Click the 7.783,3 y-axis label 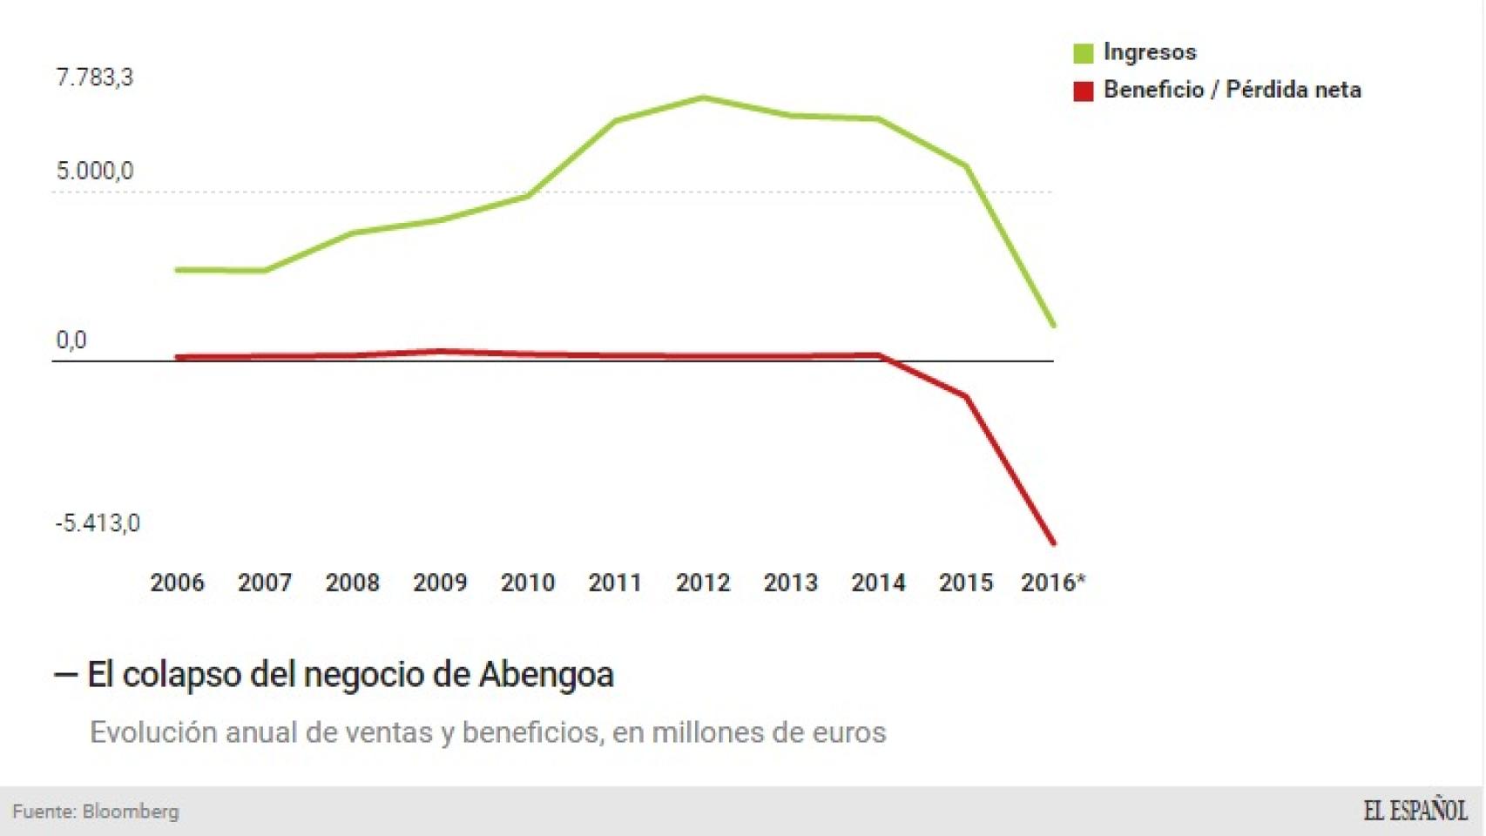(94, 78)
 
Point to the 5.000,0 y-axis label (94, 171)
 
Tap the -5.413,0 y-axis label (97, 523)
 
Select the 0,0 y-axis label (71, 340)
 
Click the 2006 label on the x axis (177, 583)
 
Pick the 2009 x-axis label (440, 583)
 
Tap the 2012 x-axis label (703, 583)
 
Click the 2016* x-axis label (1052, 583)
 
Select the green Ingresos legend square (1083, 53)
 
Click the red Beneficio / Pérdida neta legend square (1083, 91)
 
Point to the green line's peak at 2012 (703, 98)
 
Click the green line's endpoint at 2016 (1053, 325)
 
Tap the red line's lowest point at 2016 (1053, 543)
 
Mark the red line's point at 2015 (966, 397)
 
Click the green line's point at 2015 (966, 166)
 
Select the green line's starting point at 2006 (178, 270)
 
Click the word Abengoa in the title (546, 675)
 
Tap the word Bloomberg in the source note (131, 812)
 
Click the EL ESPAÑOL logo (1415, 811)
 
